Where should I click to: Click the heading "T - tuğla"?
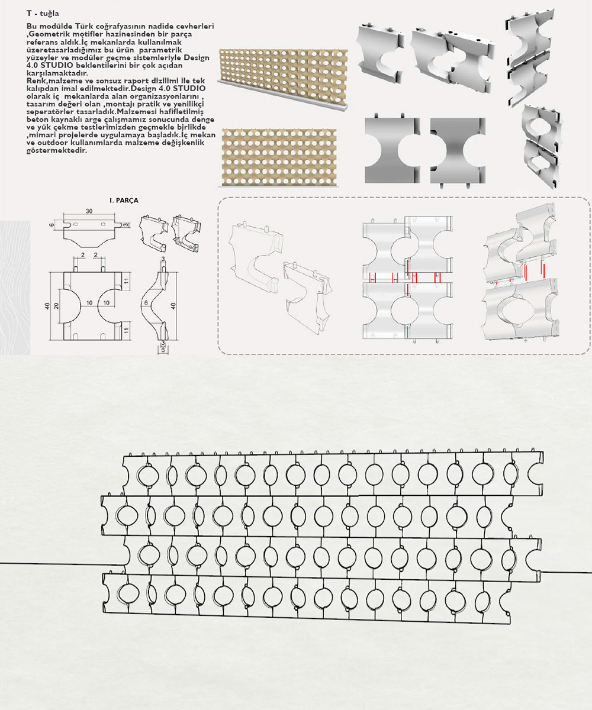coord(43,12)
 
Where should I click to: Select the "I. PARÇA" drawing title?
coord(124,201)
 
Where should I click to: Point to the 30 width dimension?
coord(89,211)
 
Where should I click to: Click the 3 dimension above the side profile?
coord(162,259)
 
